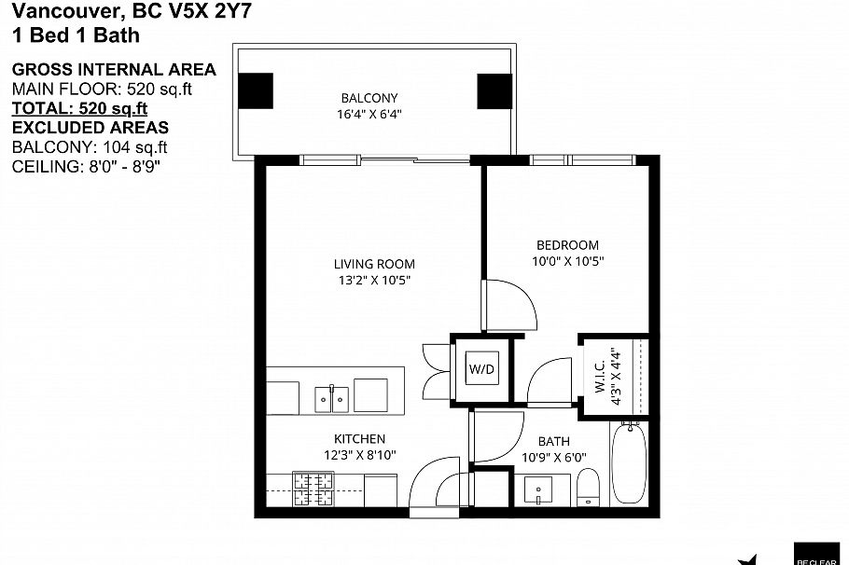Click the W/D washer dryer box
pyautogui.click(x=481, y=368)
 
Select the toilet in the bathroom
pyautogui.click(x=588, y=488)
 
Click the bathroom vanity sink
pyautogui.click(x=538, y=489)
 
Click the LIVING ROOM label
pyautogui.click(x=374, y=264)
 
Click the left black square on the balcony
pyautogui.click(x=256, y=90)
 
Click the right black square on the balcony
pyautogui.click(x=494, y=90)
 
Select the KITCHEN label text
pyautogui.click(x=359, y=438)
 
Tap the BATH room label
pyautogui.click(x=553, y=441)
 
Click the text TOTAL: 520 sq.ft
pyautogui.click(x=79, y=108)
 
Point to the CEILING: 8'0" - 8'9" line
pyautogui.click(x=92, y=166)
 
